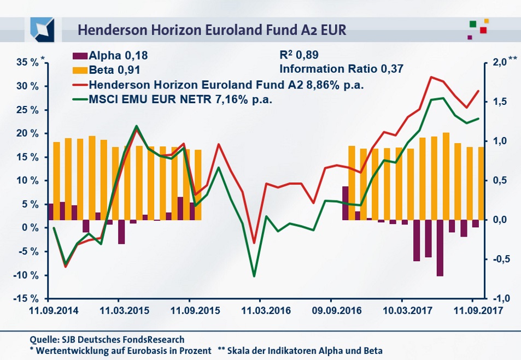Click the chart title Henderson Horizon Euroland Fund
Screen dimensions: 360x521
[212, 29]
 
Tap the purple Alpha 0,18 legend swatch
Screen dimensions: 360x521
[80, 56]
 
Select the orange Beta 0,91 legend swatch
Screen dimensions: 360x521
[80, 70]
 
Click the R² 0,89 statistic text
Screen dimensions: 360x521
[298, 55]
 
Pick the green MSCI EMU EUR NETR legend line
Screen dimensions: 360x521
[80, 99]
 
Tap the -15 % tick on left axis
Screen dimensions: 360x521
[26, 299]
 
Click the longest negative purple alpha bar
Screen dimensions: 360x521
[440, 248]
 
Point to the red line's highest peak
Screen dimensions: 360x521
[431, 77]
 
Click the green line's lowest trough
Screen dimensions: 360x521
[254, 276]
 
